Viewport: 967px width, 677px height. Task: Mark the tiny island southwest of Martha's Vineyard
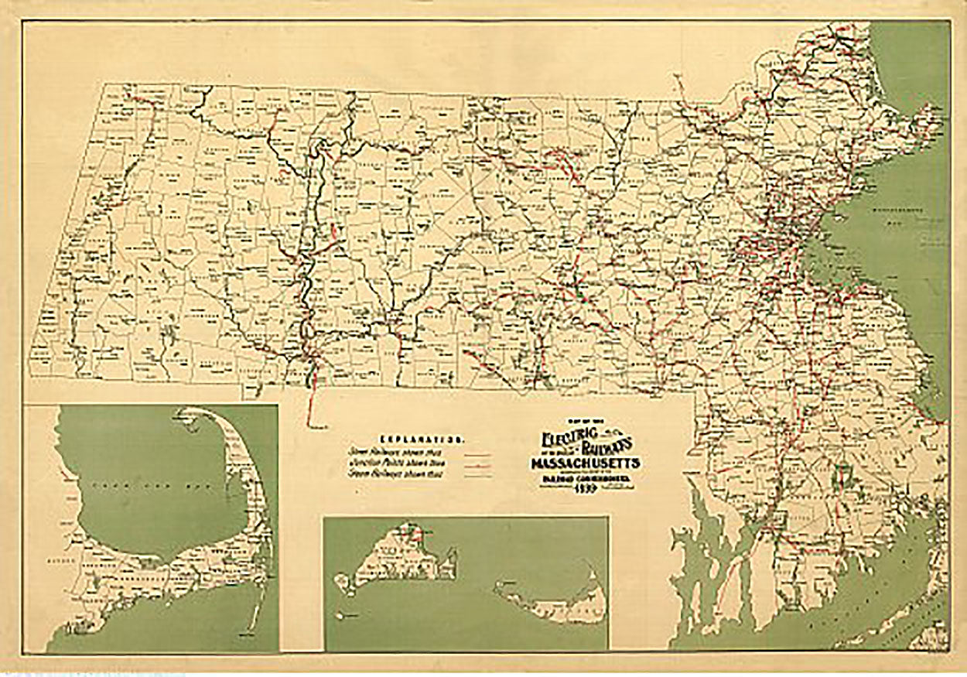(x=340, y=580)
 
